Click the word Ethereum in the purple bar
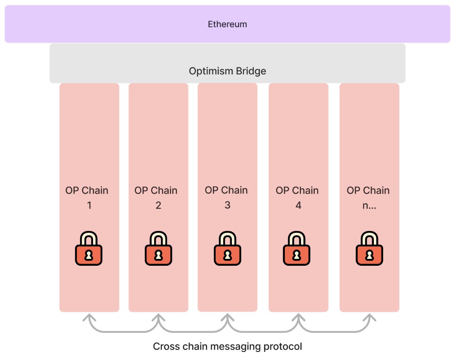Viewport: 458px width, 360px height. (227, 24)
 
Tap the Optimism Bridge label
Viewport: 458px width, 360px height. (227, 71)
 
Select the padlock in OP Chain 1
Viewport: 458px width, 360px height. (89, 248)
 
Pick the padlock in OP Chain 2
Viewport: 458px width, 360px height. (158, 248)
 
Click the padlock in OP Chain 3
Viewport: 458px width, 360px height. (227, 248)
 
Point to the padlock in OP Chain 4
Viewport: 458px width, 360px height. (297, 248)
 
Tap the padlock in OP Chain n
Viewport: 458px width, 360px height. (369, 248)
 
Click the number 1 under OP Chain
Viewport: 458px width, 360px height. (89, 205)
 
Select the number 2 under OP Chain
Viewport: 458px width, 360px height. (158, 205)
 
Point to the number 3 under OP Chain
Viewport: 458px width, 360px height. (227, 205)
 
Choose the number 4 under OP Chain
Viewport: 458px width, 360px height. (298, 205)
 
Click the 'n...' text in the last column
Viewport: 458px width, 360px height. (369, 205)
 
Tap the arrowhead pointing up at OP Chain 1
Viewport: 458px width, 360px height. (89, 318)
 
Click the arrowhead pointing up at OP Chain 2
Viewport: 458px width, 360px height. (158, 318)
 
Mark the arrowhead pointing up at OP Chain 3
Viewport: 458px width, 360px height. (227, 318)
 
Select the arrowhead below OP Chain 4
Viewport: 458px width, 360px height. (298, 318)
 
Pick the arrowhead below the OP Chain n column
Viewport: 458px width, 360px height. (369, 318)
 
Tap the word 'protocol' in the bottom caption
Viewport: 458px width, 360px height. (283, 347)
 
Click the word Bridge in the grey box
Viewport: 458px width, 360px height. (251, 71)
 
